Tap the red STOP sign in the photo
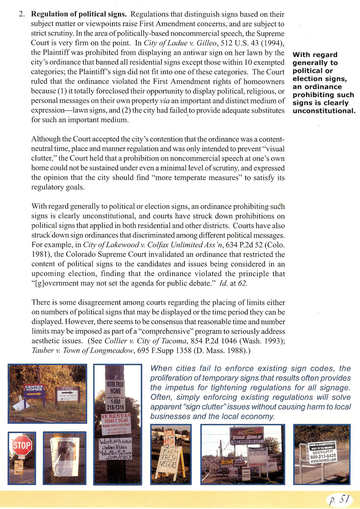(x=22, y=444)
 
